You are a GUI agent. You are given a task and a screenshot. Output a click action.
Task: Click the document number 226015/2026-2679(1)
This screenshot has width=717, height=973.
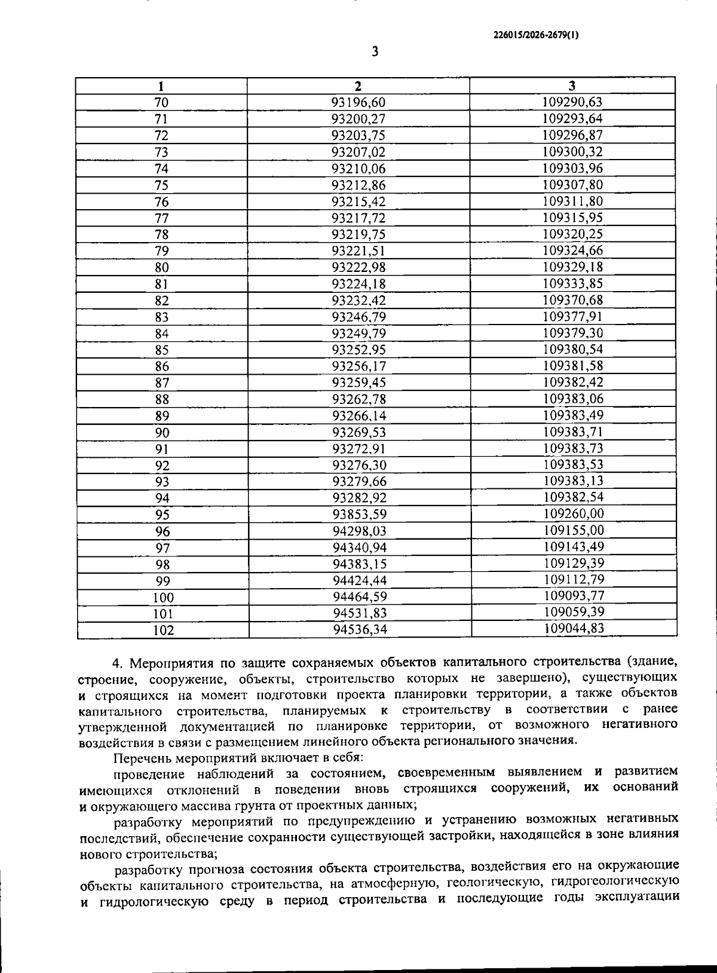[535, 35]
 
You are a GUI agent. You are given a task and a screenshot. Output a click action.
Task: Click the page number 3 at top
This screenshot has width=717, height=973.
[375, 51]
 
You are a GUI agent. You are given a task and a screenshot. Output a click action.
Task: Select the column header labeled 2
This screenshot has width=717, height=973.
[358, 85]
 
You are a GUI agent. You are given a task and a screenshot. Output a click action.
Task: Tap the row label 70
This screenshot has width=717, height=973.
[162, 102]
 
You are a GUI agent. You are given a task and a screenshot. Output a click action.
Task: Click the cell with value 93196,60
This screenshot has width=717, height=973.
[358, 102]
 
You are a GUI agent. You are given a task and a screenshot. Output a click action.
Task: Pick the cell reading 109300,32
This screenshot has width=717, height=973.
[572, 152]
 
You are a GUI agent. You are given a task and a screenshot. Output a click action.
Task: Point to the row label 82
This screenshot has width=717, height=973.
[162, 301]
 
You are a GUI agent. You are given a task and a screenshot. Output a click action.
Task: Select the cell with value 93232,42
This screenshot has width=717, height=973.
[358, 301]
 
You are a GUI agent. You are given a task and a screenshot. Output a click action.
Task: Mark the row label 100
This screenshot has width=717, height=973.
[163, 597]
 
